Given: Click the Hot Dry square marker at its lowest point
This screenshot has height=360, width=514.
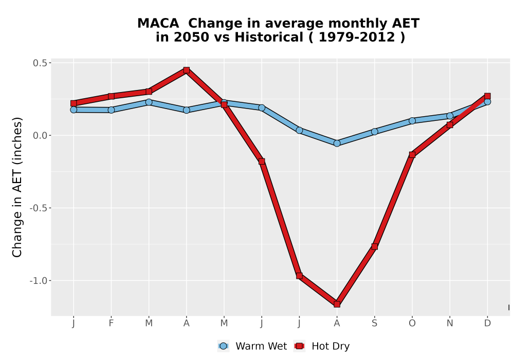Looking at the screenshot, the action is (x=337, y=304).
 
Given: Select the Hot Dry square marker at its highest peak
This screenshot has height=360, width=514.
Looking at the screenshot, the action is (x=187, y=70).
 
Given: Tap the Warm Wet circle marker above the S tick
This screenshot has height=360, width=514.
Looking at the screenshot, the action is (x=375, y=132).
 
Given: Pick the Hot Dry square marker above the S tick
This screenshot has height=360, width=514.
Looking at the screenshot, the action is (x=375, y=246).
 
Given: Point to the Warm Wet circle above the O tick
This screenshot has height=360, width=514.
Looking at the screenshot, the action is (x=412, y=121).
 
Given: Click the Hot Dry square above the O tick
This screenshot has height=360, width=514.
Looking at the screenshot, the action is (x=412, y=155).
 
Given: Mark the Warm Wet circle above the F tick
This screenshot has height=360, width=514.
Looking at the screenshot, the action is (x=111, y=110).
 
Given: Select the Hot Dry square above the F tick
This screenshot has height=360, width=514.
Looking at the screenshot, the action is (x=111, y=96).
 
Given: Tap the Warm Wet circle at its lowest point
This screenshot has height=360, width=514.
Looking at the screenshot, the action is (x=337, y=143).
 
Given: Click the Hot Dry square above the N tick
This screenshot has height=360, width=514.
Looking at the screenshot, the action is (x=450, y=125).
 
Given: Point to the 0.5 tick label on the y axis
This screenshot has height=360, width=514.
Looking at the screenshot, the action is (x=40, y=63).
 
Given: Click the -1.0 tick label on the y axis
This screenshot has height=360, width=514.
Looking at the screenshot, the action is (x=38, y=281).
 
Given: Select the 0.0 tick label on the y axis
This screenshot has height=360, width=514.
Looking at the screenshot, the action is (x=40, y=136).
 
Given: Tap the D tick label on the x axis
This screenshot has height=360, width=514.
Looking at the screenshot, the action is (x=487, y=323).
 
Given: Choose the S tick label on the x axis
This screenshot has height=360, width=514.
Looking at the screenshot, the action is (x=375, y=323).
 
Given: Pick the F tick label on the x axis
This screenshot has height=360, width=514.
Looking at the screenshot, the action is (x=111, y=323).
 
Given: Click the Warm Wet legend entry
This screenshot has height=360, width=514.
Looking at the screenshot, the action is (x=252, y=346).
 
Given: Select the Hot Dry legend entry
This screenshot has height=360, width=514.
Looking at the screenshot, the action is (x=322, y=346).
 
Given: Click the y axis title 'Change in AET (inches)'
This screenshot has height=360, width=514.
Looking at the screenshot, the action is (x=17, y=187).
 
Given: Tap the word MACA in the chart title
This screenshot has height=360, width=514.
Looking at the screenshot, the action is (x=158, y=24).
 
